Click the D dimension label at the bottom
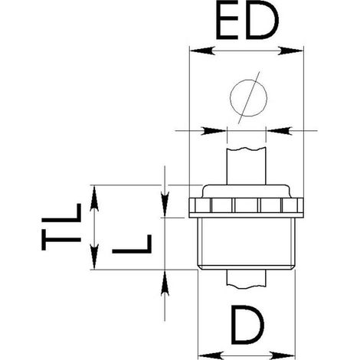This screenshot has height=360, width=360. [247, 325]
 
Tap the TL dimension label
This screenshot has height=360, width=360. [61, 227]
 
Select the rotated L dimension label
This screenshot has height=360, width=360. [132, 244]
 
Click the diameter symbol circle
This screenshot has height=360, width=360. [248, 98]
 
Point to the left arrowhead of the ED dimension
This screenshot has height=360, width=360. [201, 51]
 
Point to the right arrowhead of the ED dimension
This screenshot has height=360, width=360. [290, 51]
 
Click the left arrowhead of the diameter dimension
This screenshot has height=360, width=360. [214, 131]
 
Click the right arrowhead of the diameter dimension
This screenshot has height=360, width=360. [280, 131]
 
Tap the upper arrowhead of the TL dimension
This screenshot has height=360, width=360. [94, 198]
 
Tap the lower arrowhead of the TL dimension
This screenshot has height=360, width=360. [94, 257]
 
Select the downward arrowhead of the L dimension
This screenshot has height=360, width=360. [165, 205]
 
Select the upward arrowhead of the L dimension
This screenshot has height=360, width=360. [165, 283]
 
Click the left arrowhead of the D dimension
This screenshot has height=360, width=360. [211, 355]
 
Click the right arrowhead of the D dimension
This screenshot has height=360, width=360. [283, 355]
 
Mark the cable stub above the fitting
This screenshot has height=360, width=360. [247, 165]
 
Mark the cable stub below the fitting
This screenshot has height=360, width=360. [247, 280]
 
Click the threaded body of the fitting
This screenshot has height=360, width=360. [247, 244]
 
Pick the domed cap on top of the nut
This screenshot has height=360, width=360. [247, 191]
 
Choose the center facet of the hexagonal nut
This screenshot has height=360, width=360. [246, 205]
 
